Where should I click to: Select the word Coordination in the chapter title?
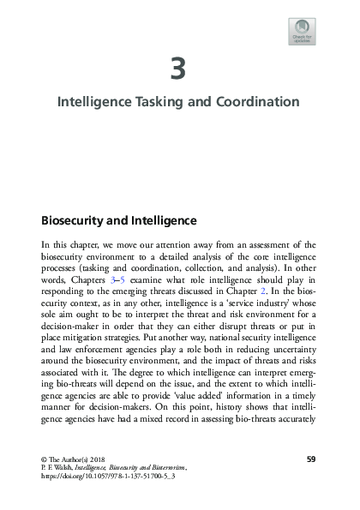[x=259, y=102]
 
